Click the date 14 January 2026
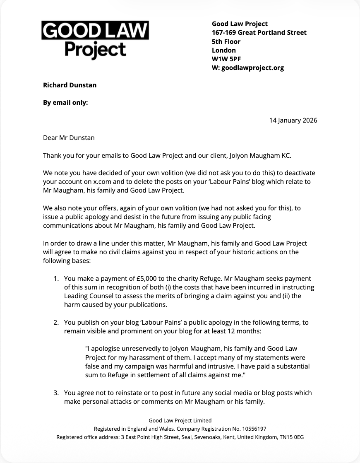(x=293, y=121)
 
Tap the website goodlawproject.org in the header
(x=253, y=68)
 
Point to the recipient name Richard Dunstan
(x=70, y=85)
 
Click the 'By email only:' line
(x=65, y=103)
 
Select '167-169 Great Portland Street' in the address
(x=259, y=32)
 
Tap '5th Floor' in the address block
(x=226, y=41)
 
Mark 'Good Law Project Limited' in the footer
(x=180, y=420)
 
